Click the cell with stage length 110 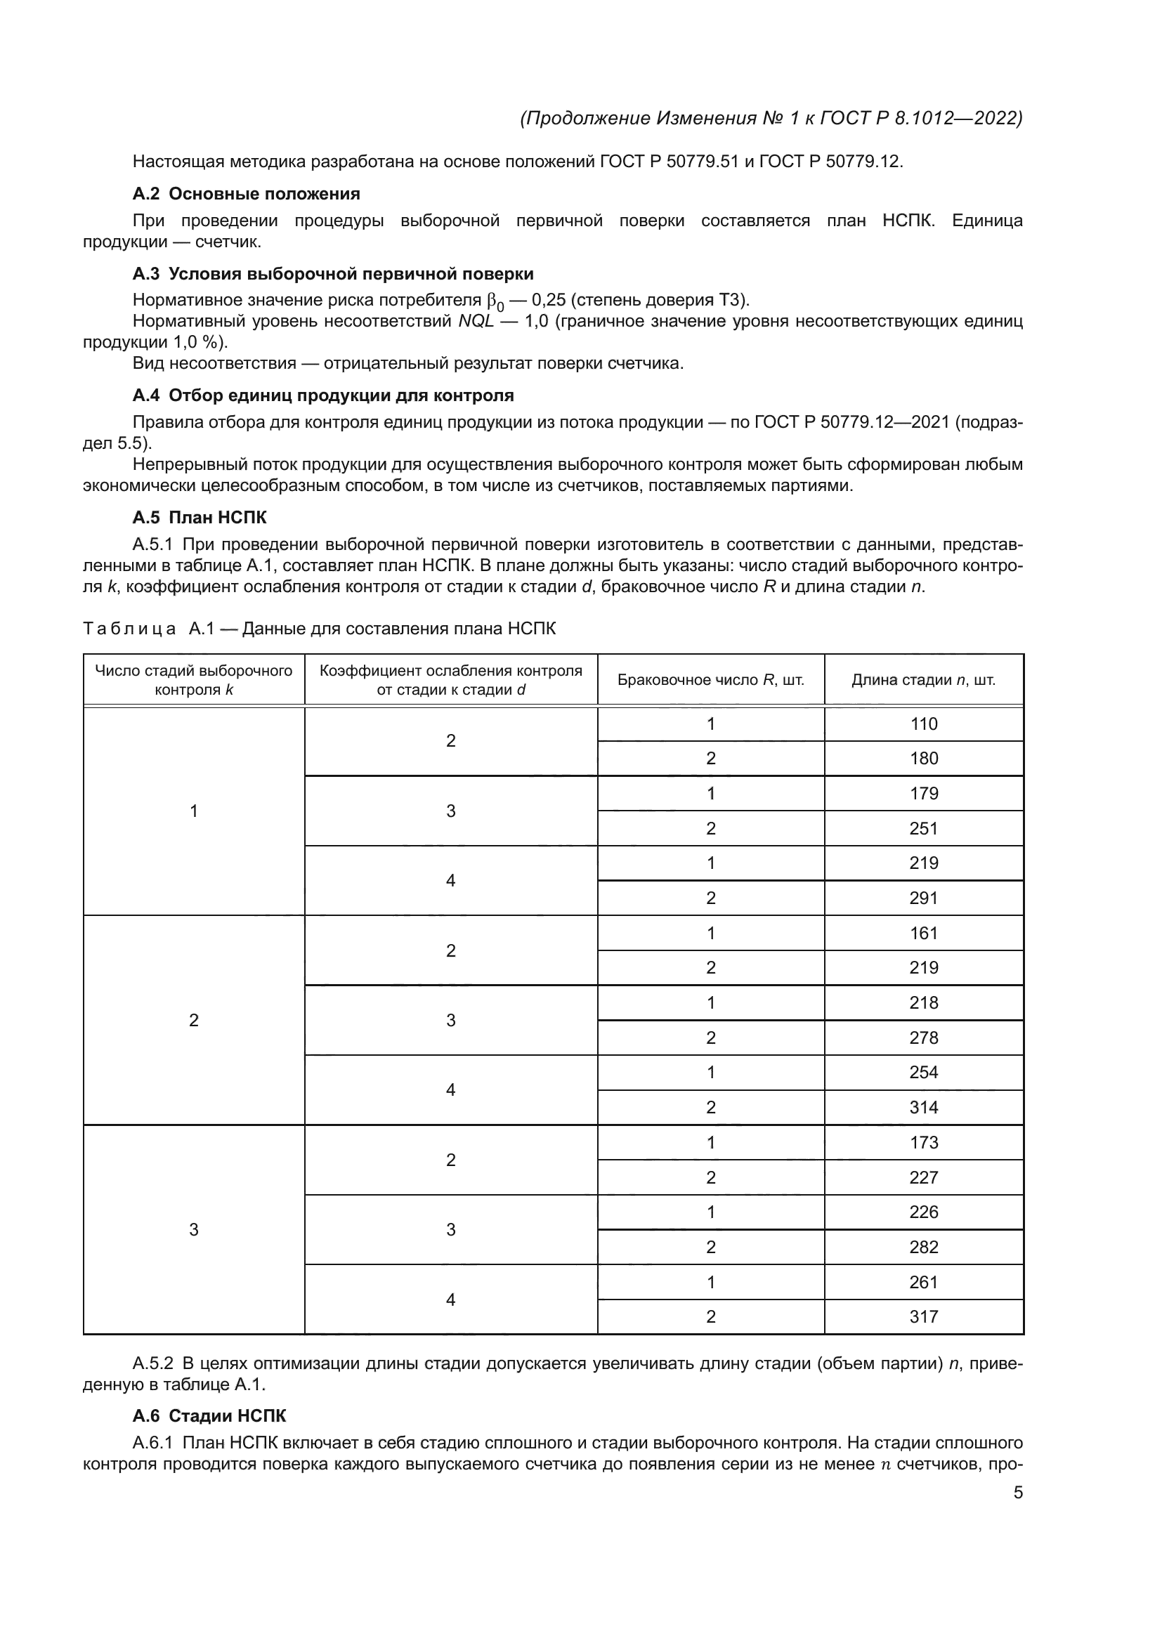coord(923,724)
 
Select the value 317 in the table coord(923,1316)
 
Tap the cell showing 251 coord(923,828)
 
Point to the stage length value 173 coord(923,1142)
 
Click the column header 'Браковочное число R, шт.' coord(710,680)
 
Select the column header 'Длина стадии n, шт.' coord(923,680)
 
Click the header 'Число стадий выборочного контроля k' coord(193,680)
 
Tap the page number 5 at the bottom coord(1017,1492)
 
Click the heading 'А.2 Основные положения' coord(246,194)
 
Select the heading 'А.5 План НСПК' coord(200,518)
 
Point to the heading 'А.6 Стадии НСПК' coord(209,1415)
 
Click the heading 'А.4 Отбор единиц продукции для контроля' coord(322,395)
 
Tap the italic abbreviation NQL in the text coord(476,320)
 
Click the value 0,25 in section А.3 coord(548,300)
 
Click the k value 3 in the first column coord(193,1229)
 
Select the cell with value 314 coord(923,1107)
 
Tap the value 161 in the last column coord(923,933)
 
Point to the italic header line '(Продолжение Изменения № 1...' coord(771,118)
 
